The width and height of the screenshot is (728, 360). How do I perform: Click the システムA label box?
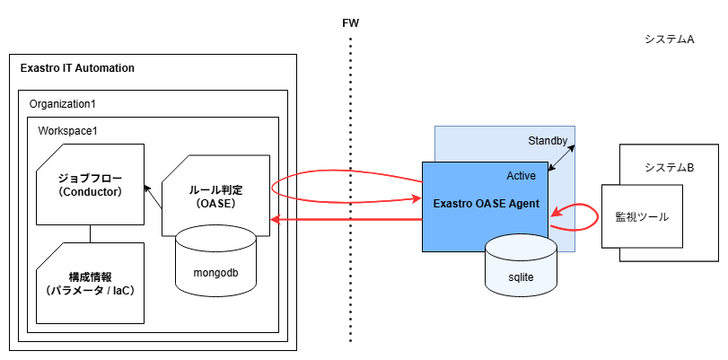coord(670,40)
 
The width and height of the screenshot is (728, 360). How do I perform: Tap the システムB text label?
coord(669,168)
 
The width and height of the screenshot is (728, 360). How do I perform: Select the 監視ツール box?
coord(642,216)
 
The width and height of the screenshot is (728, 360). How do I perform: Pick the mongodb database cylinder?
coord(215,261)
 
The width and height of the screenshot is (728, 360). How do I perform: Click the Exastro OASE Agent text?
coord(486,204)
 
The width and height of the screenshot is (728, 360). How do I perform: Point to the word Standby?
coord(548,141)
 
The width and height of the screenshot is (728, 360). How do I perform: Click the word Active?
coord(522,176)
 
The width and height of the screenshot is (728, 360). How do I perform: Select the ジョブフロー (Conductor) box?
coord(90,184)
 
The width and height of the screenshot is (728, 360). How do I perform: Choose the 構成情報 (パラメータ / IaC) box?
coord(90,282)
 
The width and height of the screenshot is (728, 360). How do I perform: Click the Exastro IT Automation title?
coord(77,68)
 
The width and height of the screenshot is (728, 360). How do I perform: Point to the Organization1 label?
coord(62,103)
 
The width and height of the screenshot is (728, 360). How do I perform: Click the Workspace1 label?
coord(67,131)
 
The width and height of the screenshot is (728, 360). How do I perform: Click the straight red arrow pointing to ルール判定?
coord(346,218)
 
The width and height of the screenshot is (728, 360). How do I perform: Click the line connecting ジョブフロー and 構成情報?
coord(90,233)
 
